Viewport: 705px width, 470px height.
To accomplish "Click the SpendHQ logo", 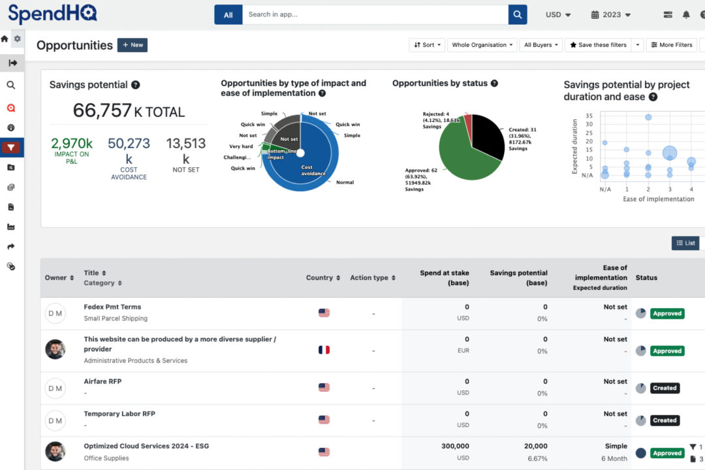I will tap(52, 14).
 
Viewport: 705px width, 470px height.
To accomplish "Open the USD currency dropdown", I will tap(558, 14).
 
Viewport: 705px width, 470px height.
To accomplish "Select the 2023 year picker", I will tap(611, 14).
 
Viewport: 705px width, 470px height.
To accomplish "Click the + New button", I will tap(133, 45).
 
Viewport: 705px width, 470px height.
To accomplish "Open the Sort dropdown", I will tap(428, 45).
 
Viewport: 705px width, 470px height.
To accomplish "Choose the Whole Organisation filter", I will tap(482, 45).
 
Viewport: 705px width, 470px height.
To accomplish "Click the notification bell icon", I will tap(686, 14).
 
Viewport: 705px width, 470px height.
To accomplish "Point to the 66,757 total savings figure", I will tap(102, 110).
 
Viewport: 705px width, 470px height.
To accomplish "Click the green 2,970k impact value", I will tap(72, 144).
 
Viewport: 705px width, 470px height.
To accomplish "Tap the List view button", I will tap(685, 243).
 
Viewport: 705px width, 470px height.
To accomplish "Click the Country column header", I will tap(322, 277).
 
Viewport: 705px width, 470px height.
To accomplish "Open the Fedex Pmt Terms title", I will tap(112, 307).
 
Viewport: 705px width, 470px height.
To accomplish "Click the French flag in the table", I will tap(324, 350).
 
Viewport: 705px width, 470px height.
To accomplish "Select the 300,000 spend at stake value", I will tap(455, 446).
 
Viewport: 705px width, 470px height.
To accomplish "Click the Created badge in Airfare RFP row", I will tap(664, 388).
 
